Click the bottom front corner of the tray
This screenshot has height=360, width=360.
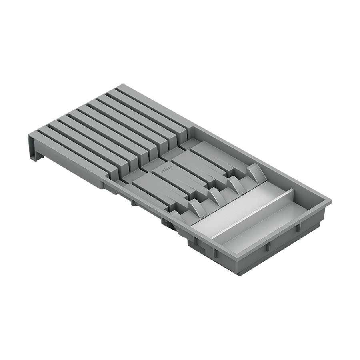tap(240, 274)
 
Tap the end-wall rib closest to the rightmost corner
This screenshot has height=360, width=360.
tap(298, 228)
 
